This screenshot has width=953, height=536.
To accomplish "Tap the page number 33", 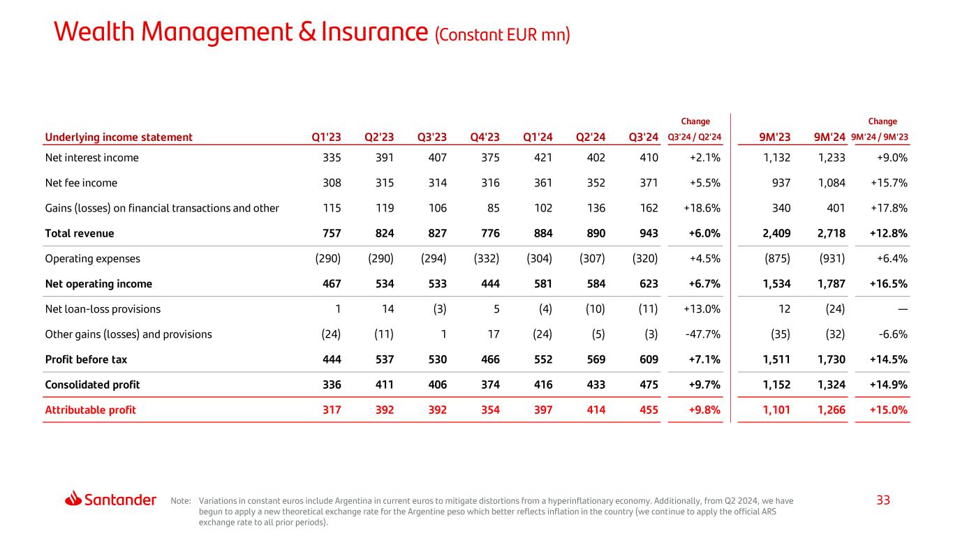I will pos(883,500).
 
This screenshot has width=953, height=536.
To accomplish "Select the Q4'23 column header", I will pos(485,137).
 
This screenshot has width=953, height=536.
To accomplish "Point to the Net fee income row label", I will pos(81,183).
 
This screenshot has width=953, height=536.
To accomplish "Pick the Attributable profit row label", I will pos(90,410).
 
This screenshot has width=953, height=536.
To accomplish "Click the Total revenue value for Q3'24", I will pos(646,233).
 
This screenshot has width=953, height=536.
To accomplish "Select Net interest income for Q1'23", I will pos(328,158).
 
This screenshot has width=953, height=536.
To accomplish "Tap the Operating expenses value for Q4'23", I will pos(485,259).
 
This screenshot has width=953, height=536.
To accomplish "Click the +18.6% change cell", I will pos(702,208).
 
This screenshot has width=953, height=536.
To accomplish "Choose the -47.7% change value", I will pos(702,334).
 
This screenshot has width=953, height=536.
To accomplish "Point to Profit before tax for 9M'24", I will pos(831,360).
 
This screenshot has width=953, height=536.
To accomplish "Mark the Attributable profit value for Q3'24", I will pos(646,410).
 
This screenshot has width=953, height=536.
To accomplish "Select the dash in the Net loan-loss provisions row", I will pos(901,309).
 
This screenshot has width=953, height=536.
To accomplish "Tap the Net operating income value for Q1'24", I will pos(540,284).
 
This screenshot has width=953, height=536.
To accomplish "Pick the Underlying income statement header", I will pos(119,137).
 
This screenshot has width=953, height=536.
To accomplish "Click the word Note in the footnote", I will pos(179,500).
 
